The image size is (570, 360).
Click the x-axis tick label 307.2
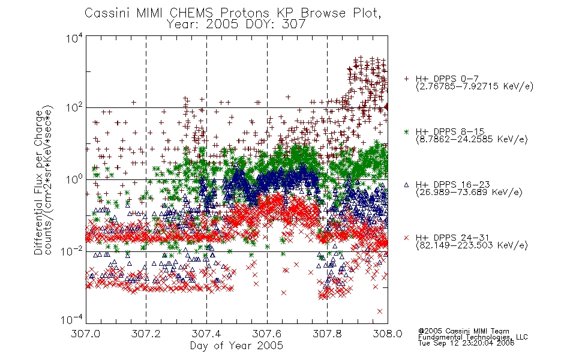[146, 334]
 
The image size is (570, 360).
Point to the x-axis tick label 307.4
[206, 334]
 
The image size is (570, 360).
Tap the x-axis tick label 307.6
[267, 334]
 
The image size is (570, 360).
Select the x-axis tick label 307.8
[327, 334]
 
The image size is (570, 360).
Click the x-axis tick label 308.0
[388, 334]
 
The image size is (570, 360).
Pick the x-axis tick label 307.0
[86, 334]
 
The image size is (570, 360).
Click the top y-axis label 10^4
[74, 38]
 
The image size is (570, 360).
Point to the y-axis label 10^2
[74, 107]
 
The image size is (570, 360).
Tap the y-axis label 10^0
[74, 179]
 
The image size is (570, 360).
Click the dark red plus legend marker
[406, 79]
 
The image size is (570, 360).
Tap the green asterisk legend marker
[406, 131]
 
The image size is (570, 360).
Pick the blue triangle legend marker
[406, 185]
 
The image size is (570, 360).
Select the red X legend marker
[406, 238]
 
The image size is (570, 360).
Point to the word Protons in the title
[244, 13]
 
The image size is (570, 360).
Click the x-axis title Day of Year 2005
[236, 346]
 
